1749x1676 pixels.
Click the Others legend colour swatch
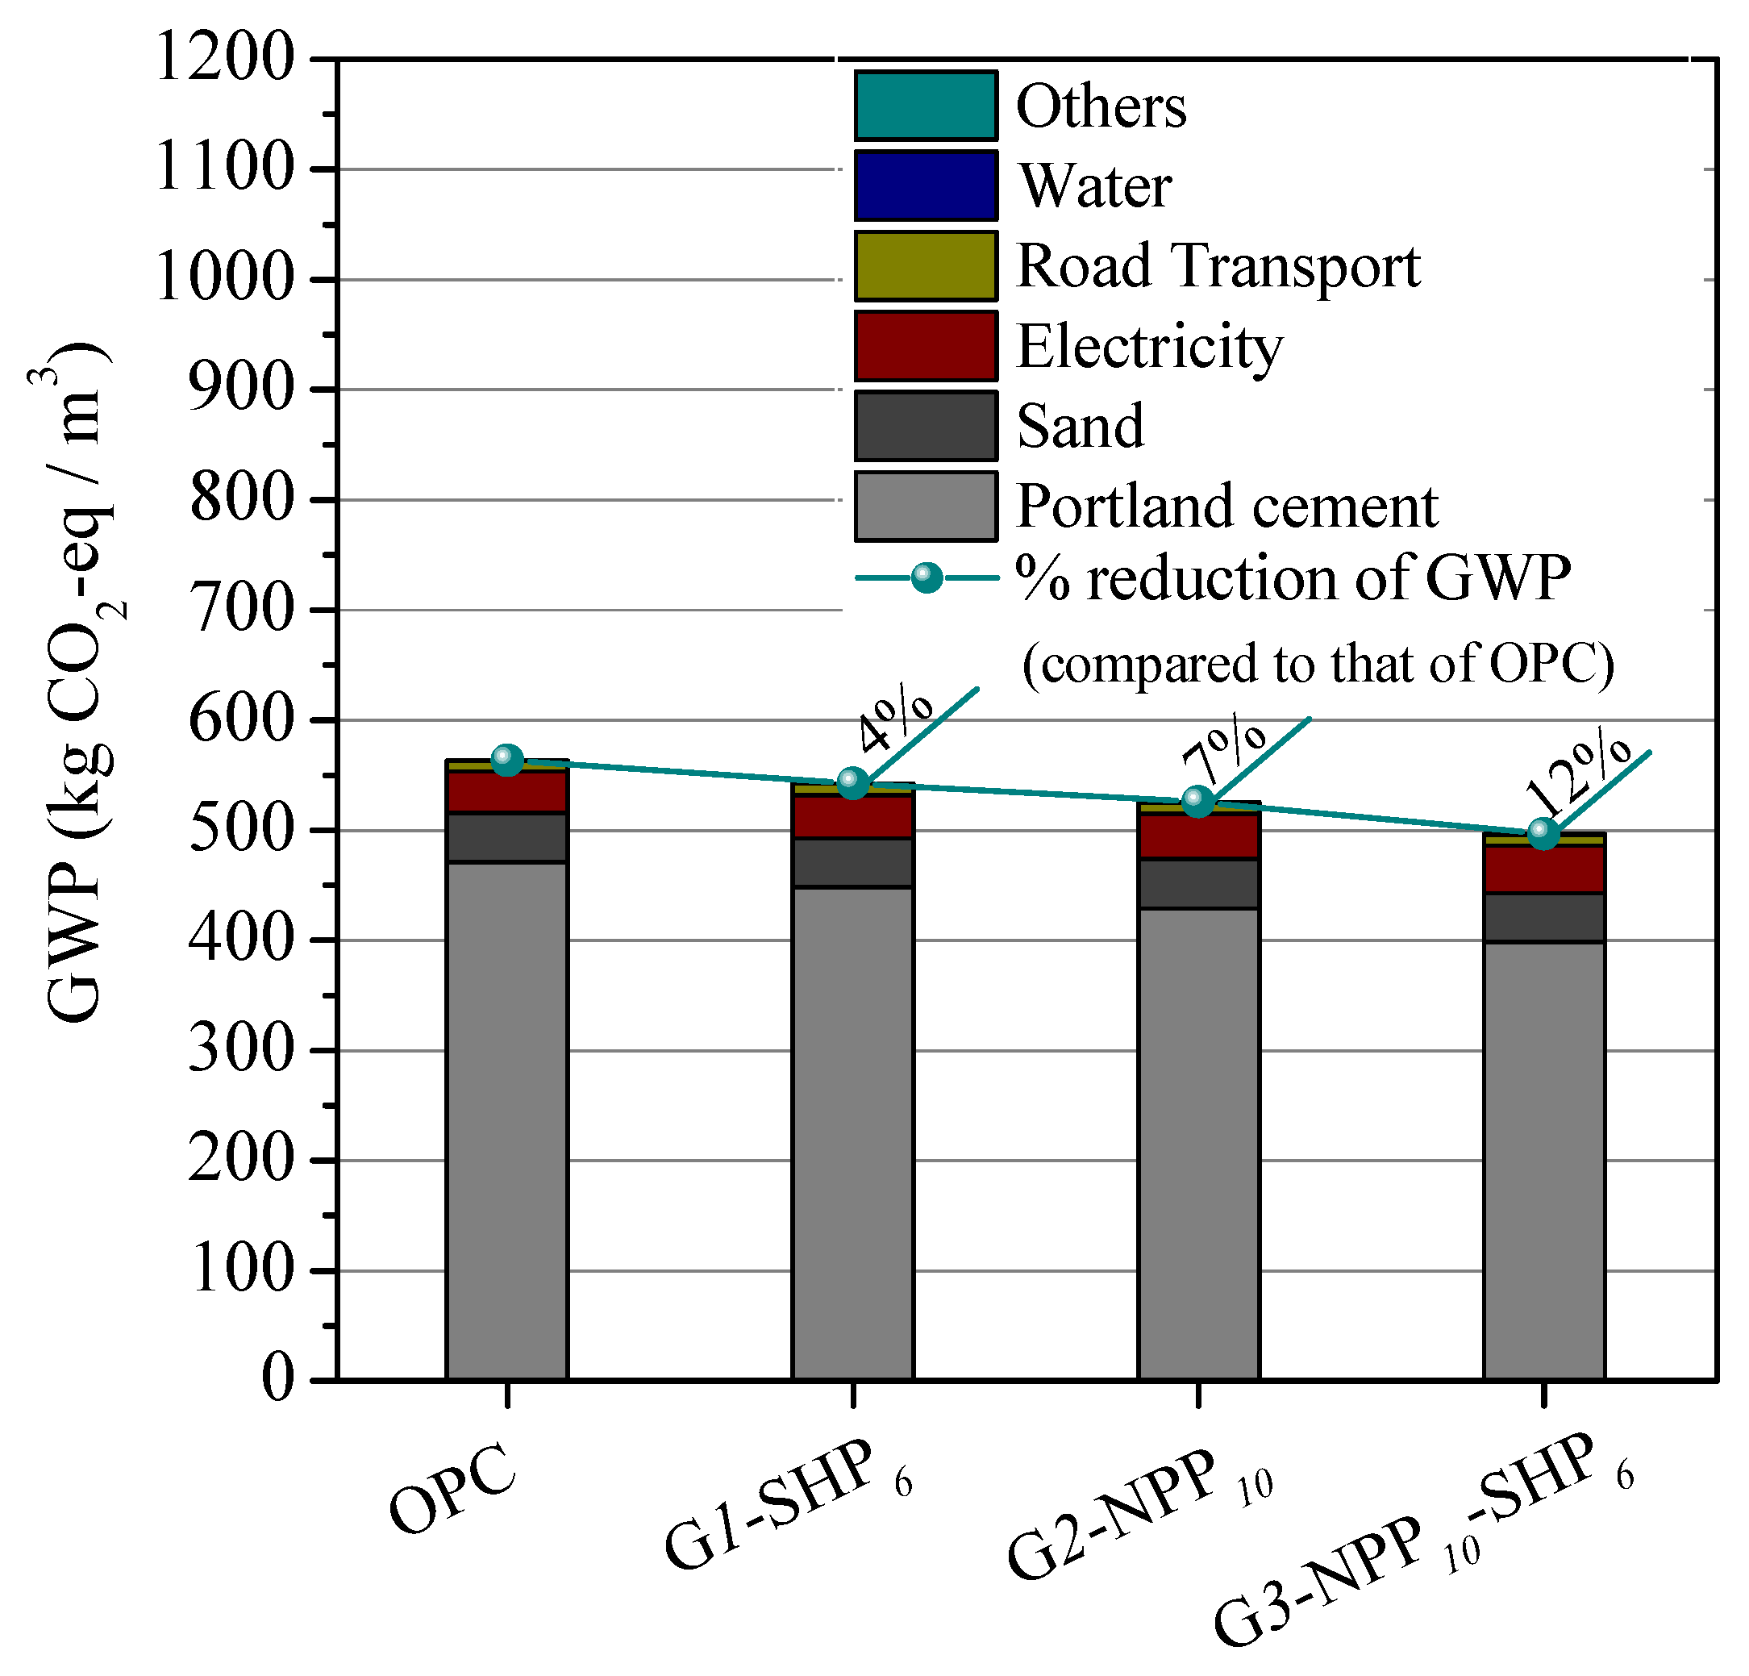926,106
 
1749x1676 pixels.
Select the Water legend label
1095,186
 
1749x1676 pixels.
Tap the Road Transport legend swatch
926,266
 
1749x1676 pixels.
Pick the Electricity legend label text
1149,346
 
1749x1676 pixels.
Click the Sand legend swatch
926,426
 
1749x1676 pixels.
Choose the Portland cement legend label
1227,506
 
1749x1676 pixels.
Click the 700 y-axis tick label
241,610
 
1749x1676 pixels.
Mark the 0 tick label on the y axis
278,1380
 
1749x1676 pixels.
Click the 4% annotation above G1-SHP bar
894,719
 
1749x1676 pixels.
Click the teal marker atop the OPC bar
507,760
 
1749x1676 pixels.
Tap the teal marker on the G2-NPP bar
1197,802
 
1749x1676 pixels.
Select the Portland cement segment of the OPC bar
507,1115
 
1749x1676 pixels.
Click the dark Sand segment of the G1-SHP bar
852,862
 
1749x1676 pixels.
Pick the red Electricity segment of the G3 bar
1543,869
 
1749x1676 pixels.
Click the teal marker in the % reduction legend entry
927,578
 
